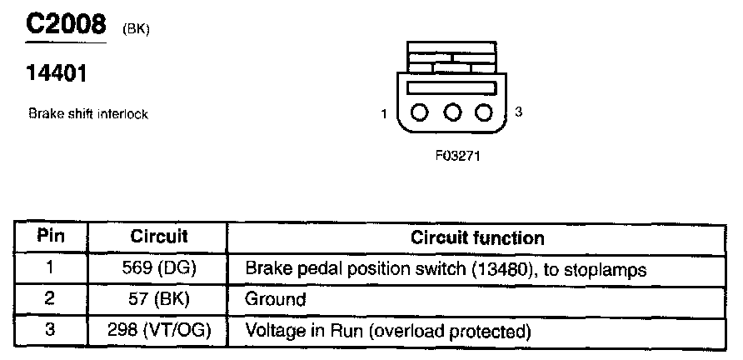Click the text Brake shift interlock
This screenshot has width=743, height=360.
88,114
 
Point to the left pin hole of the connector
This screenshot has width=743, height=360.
418,112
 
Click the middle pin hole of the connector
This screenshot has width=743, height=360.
451,112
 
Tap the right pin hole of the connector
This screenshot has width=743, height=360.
484,112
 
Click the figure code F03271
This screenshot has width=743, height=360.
451,155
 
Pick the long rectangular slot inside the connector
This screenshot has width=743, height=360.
451,87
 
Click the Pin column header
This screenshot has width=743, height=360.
51,236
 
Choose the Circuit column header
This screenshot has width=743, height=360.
158,237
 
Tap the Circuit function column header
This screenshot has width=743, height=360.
477,237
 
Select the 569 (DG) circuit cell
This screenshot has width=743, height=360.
158,268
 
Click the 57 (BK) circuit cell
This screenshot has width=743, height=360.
158,298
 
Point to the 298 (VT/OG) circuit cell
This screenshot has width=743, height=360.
158,330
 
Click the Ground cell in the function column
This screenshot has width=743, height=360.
276,299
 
